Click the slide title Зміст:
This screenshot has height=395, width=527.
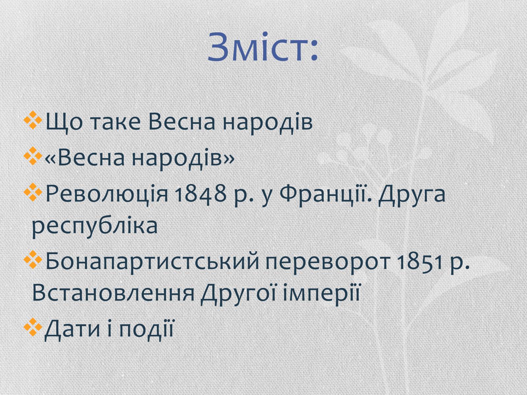[263, 47]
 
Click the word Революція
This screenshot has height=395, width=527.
[107, 194]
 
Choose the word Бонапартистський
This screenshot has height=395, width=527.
[152, 262]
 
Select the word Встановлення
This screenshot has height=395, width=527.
[113, 293]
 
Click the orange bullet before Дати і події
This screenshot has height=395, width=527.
[33, 327]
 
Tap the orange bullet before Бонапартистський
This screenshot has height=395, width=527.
[33, 259]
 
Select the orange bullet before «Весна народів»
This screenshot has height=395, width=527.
[33, 156]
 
